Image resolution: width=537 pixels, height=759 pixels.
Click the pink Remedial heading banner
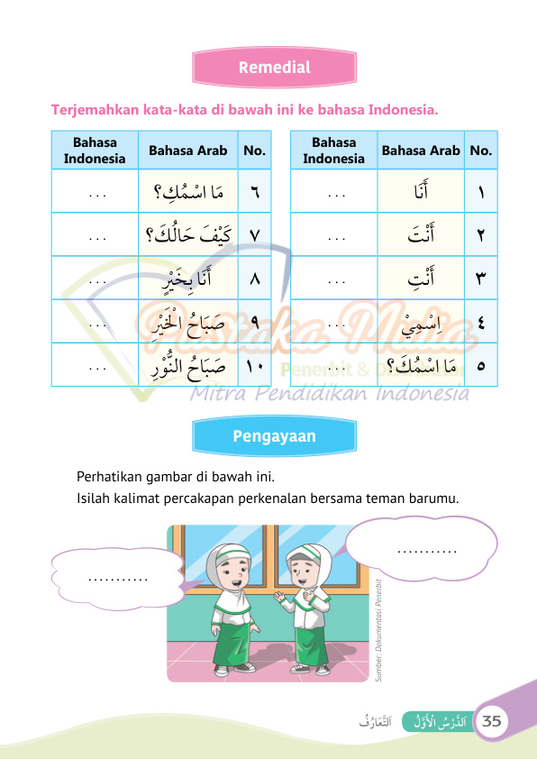point(274,68)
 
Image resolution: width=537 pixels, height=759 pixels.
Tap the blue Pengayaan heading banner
point(274,436)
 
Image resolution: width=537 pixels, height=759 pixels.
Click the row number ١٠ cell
point(253,366)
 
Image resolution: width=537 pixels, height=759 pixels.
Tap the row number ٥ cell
point(480,366)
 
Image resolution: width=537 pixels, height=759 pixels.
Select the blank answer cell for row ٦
point(95,192)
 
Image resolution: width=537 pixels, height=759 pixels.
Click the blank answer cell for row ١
point(333,192)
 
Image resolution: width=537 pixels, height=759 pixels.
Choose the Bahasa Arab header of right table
point(420,151)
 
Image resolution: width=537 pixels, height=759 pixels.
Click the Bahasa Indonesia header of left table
point(95,151)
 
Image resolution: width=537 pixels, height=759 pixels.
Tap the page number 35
point(493,721)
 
